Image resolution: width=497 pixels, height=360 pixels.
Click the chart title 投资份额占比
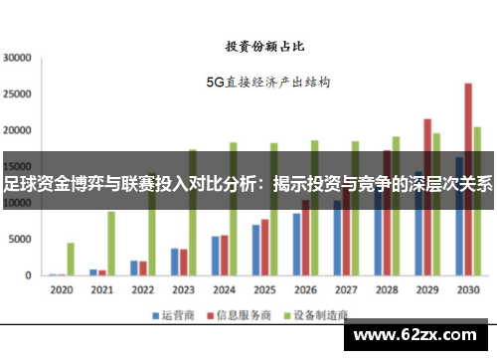pos(263,46)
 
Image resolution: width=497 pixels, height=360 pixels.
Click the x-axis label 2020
pos(62,290)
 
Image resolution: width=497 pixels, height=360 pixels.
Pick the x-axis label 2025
pos(264,290)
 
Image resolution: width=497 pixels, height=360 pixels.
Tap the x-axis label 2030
pos(468,290)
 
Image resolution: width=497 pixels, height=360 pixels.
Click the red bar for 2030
pos(468,179)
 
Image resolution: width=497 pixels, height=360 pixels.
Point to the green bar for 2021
pos(111,243)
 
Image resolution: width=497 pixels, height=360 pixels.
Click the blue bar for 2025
pos(255,250)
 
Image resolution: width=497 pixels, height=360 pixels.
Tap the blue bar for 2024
pos(215,256)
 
